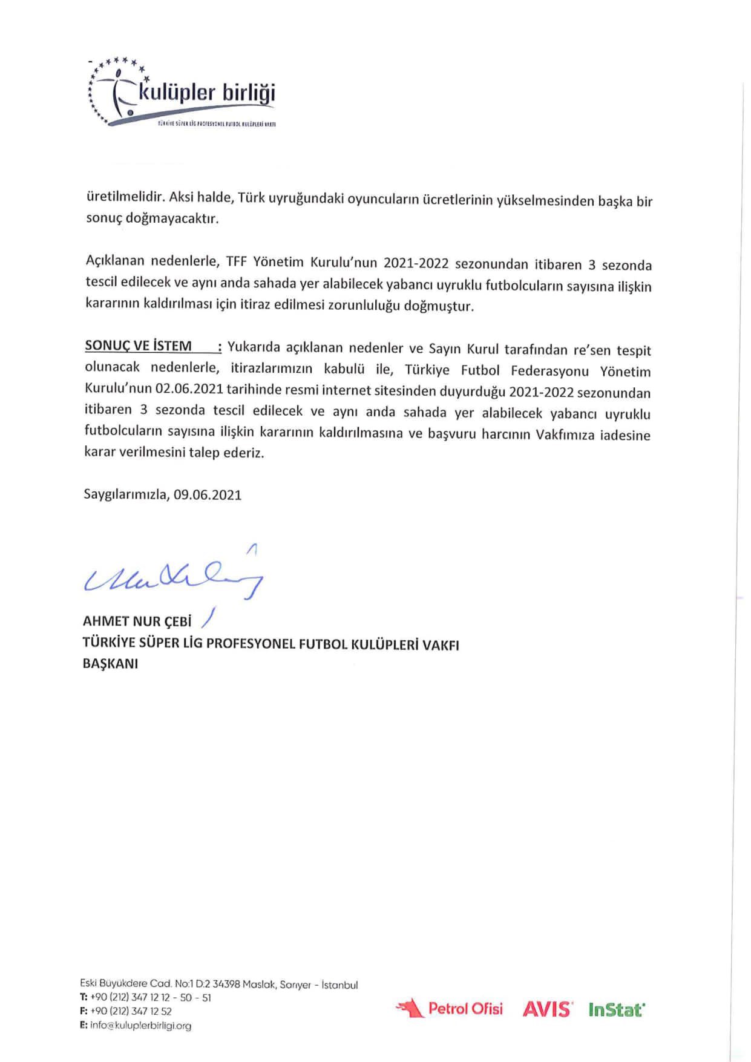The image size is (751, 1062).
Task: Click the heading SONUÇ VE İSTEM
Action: click(x=138, y=346)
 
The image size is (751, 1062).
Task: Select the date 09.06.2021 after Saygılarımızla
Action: click(x=208, y=495)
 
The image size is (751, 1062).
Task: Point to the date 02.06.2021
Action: click(x=189, y=388)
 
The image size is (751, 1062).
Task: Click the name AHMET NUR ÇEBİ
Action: click(x=137, y=621)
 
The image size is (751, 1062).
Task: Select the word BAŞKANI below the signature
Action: click(x=110, y=664)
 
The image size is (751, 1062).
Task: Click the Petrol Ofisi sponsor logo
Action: click(x=449, y=1008)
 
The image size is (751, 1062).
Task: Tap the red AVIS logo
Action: click(x=547, y=1009)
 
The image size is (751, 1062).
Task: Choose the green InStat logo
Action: click(x=617, y=1009)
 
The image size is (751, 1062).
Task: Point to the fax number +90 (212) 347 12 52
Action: click(x=131, y=1011)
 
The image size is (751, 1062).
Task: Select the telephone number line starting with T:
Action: click(x=145, y=998)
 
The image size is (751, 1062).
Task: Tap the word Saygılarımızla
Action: click(x=126, y=495)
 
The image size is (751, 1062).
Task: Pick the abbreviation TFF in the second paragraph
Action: click(x=237, y=262)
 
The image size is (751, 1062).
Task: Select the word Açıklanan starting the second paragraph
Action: click(x=115, y=261)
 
